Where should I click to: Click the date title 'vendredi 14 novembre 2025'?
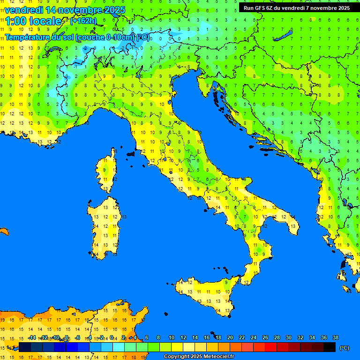tap(65, 9)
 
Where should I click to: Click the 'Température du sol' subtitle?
tap(77, 37)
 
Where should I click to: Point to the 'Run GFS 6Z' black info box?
tap(296, 7)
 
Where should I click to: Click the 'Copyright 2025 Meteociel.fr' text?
tap(199, 356)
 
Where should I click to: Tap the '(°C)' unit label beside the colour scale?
tap(344, 348)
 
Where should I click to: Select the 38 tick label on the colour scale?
tap(336, 337)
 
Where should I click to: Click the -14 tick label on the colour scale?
tap(32, 337)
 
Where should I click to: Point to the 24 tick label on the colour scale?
tap(254, 337)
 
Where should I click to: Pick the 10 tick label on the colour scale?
tap(172, 337)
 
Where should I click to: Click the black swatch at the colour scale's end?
tap(330, 347)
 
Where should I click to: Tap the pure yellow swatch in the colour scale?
tap(177, 347)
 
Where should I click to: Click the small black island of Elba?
tap(131, 153)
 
